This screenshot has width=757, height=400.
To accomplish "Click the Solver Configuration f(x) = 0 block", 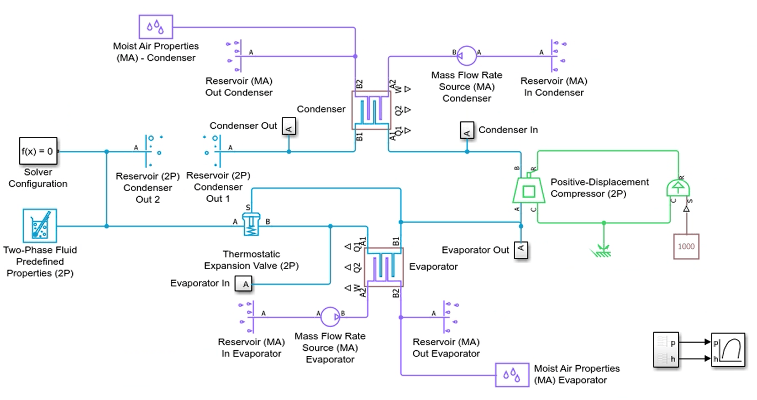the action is pos(38,151).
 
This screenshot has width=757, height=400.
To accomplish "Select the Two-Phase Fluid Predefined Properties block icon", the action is pos(40,225).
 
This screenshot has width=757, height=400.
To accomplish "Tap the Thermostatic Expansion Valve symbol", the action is pos(251,224).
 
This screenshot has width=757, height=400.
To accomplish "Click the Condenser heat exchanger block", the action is pos(371,110).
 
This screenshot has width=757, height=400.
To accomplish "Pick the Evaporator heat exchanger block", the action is pos(383,267).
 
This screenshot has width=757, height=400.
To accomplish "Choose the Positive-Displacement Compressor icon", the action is pos(529,188).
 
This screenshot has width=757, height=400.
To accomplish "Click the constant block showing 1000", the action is pos(686,246).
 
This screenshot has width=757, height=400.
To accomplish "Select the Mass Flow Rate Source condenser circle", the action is pos(467,56).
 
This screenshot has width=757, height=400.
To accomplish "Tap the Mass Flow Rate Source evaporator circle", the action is pos(330,317).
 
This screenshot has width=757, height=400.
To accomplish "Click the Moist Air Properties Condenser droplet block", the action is pos(156,27).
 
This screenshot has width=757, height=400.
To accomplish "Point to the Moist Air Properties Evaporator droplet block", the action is pos(512,375).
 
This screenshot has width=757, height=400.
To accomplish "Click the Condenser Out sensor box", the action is pos(289,127).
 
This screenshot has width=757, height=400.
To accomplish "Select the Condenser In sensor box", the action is pos(467,130).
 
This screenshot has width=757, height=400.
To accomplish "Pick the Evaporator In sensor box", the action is pos(243,284).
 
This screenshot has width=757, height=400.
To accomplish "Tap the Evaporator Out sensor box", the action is pos(521,250).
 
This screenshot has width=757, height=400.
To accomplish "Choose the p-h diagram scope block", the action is pos(728,350).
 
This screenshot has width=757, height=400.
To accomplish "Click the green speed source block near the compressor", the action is pos(678,188).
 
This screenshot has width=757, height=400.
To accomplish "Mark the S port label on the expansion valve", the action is pos(248,207).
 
